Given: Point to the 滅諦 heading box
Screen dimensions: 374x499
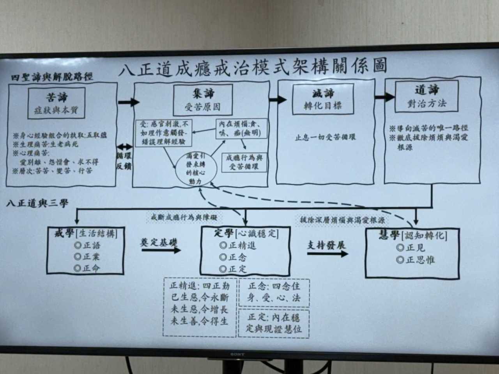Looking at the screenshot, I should [323, 99].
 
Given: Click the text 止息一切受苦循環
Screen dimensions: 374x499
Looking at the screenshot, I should [325, 138].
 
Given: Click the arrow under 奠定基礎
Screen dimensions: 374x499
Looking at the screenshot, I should [161, 250].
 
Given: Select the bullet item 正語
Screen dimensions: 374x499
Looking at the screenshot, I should [87, 245].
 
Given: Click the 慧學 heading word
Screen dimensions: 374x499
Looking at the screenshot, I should [389, 235].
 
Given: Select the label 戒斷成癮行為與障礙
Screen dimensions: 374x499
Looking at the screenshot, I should [184, 217].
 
